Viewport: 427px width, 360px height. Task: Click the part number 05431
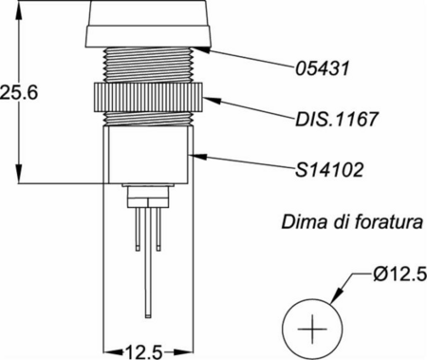(x=323, y=68)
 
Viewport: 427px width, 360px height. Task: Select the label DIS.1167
(x=337, y=119)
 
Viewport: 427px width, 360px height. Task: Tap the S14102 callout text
(x=329, y=170)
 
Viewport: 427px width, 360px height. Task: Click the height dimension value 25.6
(x=19, y=93)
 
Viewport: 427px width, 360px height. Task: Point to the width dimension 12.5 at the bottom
(x=144, y=352)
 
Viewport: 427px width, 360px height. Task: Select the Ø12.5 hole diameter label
(x=399, y=275)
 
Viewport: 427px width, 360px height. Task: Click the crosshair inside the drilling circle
(x=312, y=329)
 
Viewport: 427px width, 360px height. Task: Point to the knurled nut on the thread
(x=148, y=97)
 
